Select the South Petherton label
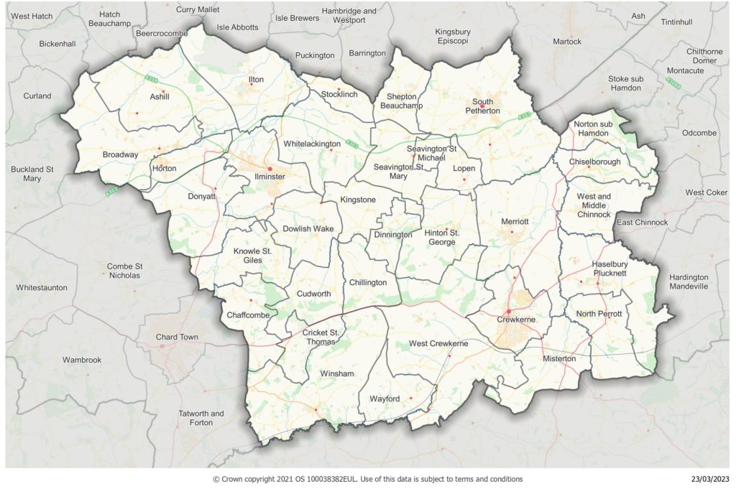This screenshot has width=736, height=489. point(482,106)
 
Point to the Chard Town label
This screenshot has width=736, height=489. point(177,337)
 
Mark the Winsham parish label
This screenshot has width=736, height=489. point(337,374)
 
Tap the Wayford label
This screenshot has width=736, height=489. point(385,399)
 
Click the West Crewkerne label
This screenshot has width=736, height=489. point(438,344)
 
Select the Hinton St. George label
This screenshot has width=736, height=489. point(441,237)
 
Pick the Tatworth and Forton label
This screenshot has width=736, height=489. point(201,418)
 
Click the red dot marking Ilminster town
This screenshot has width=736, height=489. point(270,169)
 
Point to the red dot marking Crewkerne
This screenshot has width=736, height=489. point(508,312)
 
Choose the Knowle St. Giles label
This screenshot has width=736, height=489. point(252,256)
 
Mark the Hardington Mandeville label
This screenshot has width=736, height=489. point(688,281)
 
